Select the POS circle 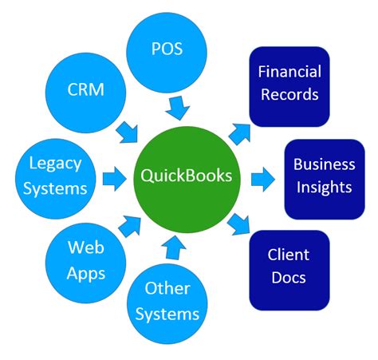click(167, 49)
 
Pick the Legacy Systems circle click(54, 176)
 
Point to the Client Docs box click(288, 268)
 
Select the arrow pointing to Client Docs click(239, 224)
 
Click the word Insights click(324, 188)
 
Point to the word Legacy click(54, 164)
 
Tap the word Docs click(288, 279)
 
